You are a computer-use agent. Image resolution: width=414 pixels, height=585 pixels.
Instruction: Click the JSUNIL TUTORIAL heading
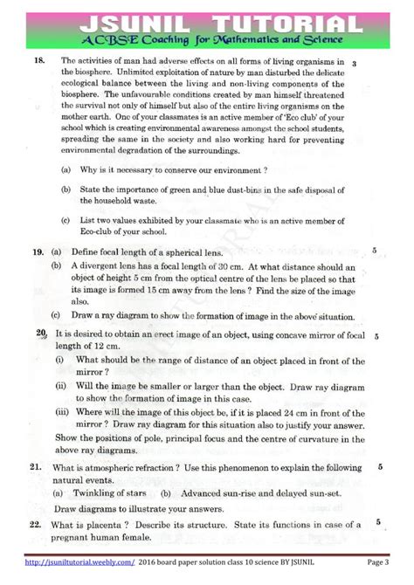[x=207, y=19]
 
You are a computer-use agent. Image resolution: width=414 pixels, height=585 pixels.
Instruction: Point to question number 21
[x=36, y=468]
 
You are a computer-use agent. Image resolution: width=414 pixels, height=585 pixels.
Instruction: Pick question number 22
[x=36, y=525]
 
